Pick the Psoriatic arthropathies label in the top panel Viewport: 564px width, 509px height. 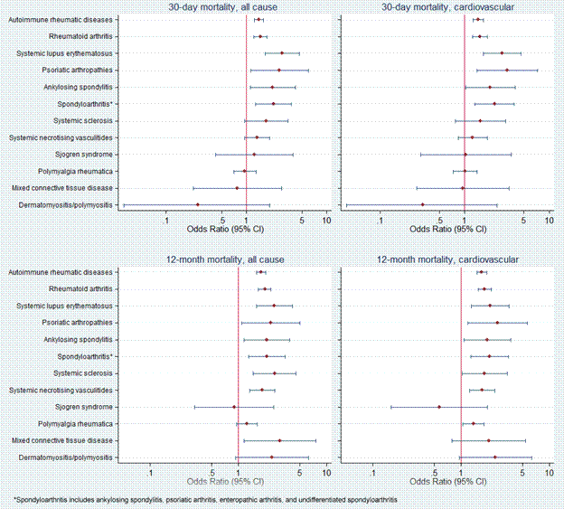[78, 70]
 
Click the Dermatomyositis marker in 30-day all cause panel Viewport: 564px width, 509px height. [198, 204]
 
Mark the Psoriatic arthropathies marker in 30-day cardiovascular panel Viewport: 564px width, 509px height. [507, 70]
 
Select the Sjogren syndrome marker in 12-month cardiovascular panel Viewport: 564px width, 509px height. [439, 407]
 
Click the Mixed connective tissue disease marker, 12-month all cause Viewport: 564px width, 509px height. [279, 440]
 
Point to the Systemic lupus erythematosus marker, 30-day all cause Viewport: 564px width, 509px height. [282, 53]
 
